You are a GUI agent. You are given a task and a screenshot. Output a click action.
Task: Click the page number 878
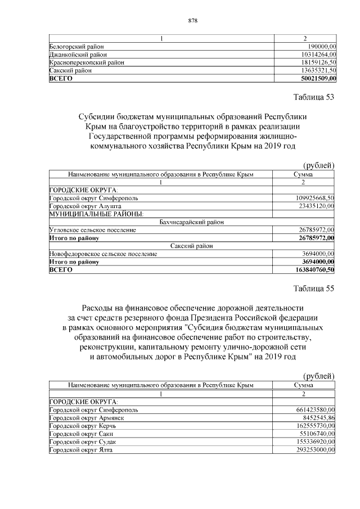[x=191, y=21]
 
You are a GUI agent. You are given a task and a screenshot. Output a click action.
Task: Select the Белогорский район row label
[x=76, y=46]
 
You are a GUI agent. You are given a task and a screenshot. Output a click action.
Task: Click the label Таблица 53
[x=314, y=97]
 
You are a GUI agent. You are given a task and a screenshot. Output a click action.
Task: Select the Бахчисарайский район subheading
[x=191, y=222]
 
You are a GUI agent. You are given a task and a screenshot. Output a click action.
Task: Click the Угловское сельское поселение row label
[x=93, y=230]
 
